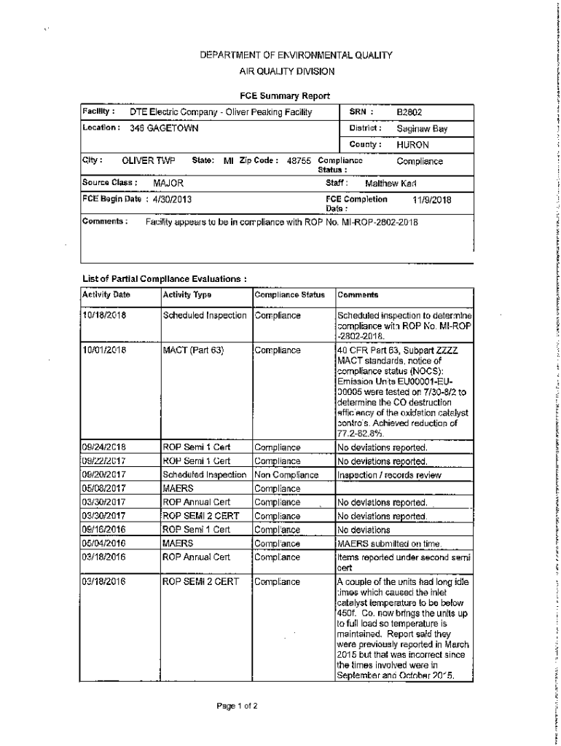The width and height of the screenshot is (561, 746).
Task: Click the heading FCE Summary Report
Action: point(285,96)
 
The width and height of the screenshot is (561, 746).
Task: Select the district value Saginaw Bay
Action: point(422,129)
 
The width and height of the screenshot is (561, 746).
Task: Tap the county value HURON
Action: point(412,145)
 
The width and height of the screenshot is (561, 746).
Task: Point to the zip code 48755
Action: point(299,161)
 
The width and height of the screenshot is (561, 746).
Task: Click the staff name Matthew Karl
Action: point(390,184)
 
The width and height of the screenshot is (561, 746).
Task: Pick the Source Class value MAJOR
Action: point(168,184)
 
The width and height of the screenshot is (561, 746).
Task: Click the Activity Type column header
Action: point(187,295)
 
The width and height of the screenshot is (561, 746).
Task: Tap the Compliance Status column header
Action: point(289,295)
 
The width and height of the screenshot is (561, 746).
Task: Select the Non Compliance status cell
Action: point(287,475)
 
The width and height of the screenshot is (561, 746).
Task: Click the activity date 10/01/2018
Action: point(105,350)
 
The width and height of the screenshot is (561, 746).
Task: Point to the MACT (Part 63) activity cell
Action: point(193,350)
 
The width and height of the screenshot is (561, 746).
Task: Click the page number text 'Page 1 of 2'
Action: point(237,706)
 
